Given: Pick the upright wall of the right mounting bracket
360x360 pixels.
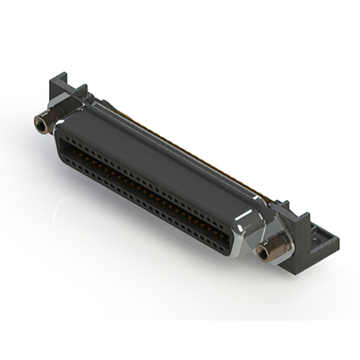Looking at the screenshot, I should coord(302,226).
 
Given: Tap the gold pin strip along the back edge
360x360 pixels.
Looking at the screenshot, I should coord(186,146).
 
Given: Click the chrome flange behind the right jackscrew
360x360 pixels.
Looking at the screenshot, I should coord(281,236).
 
